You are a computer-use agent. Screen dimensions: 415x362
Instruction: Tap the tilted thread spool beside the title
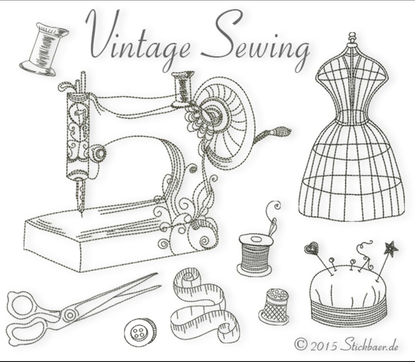(43, 49)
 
